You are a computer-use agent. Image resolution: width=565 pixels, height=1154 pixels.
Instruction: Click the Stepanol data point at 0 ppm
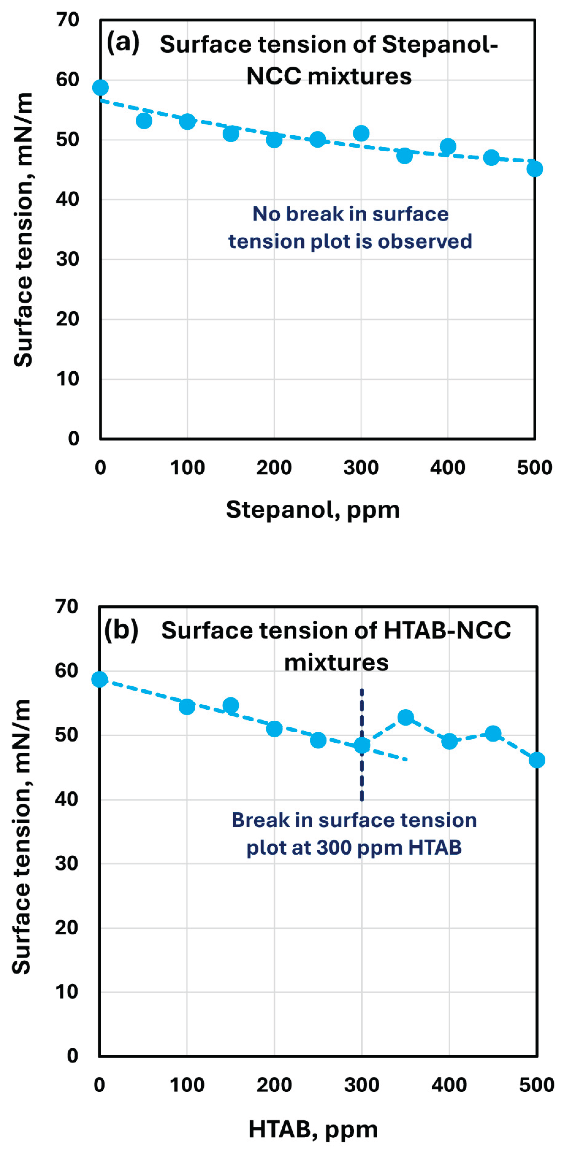point(100,87)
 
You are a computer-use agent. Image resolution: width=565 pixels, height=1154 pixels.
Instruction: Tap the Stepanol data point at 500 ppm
point(534,169)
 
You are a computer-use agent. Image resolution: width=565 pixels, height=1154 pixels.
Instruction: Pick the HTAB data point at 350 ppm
point(405,717)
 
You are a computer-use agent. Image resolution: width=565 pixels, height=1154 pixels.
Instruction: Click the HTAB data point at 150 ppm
point(231,706)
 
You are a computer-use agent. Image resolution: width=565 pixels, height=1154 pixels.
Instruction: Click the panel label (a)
point(123,42)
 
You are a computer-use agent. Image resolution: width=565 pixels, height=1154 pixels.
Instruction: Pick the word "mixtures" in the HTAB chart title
point(336,663)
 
